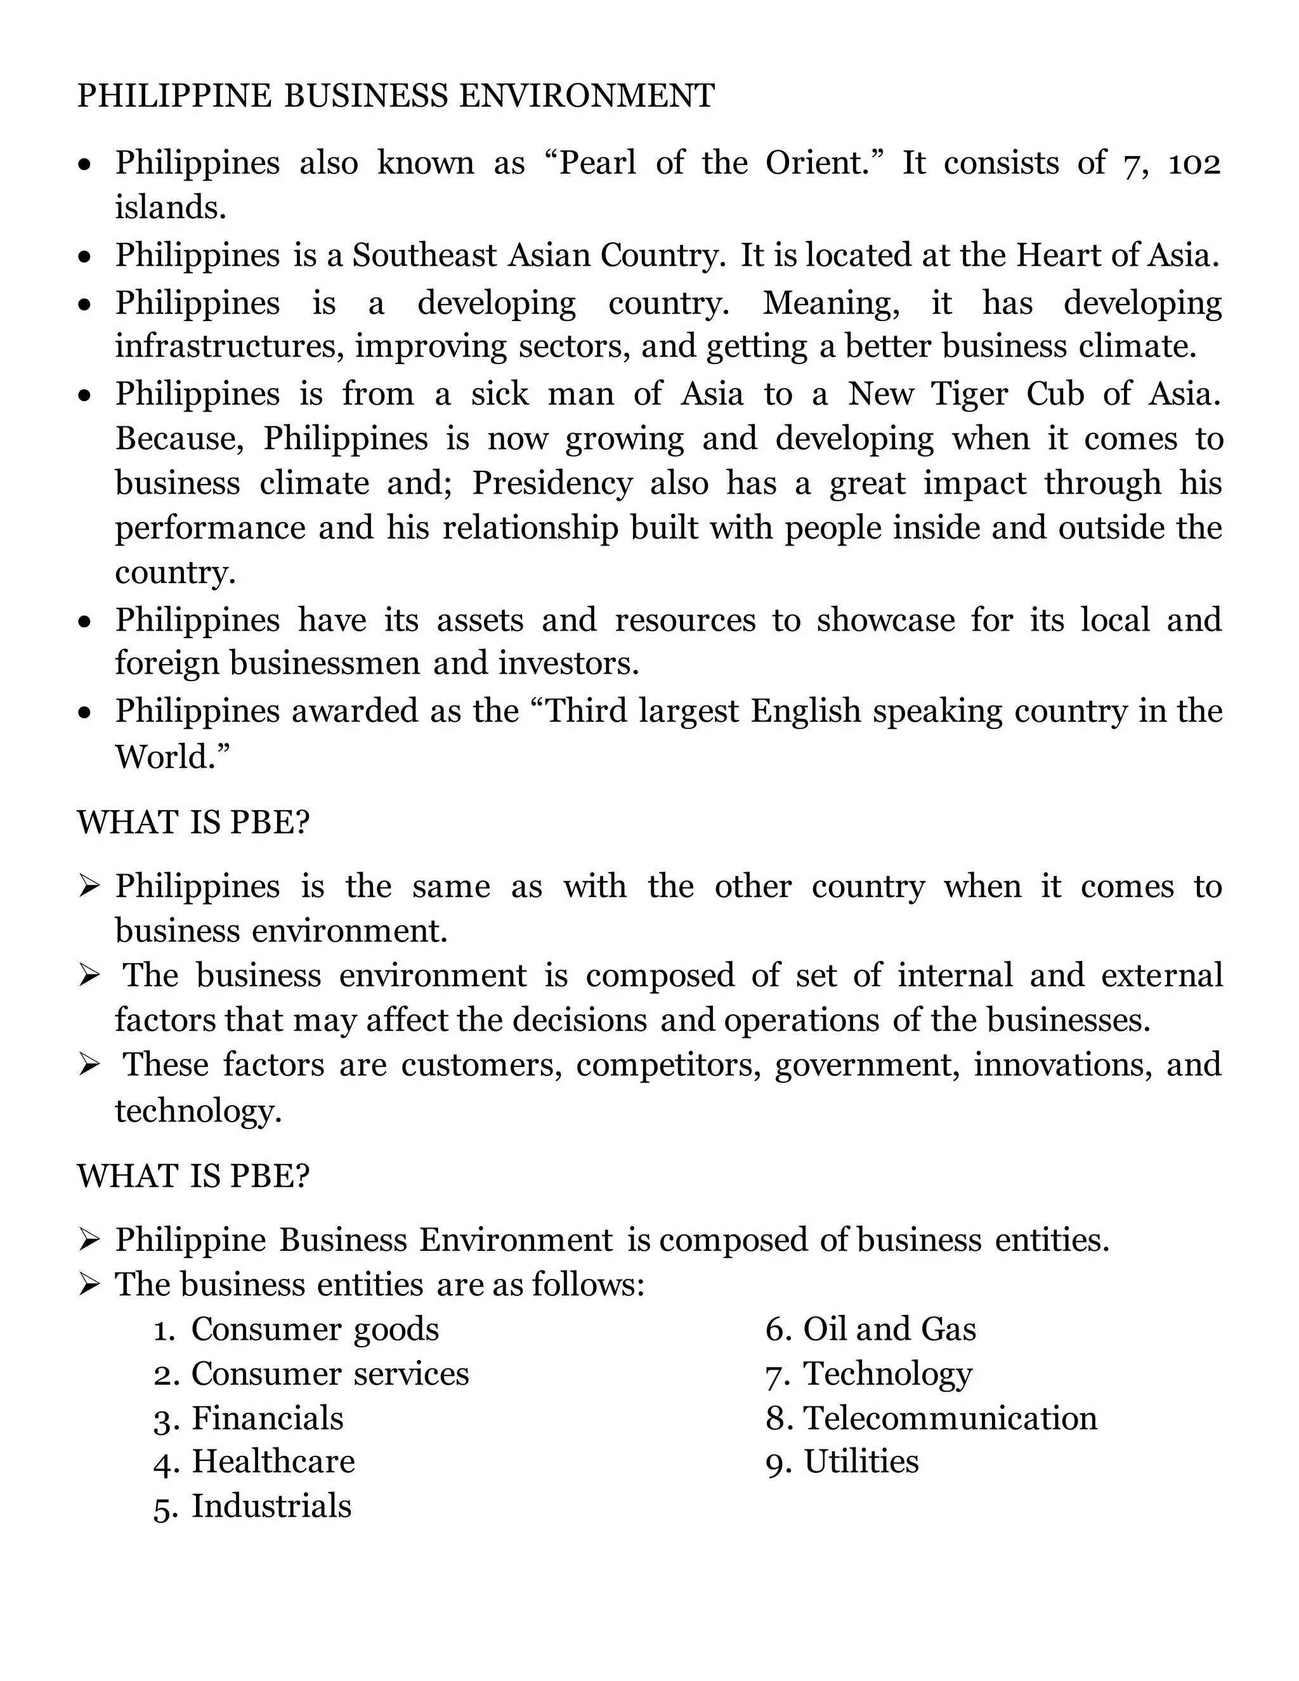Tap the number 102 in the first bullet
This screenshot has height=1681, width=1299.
1194,163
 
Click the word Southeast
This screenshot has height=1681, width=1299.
424,255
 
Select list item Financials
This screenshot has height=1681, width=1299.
267,1418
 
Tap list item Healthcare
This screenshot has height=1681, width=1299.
273,1462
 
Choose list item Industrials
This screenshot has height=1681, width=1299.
271,1507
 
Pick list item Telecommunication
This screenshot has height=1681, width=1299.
950,1418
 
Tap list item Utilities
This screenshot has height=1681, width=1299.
861,1462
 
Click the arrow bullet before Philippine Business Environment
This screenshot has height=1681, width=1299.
89,1240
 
